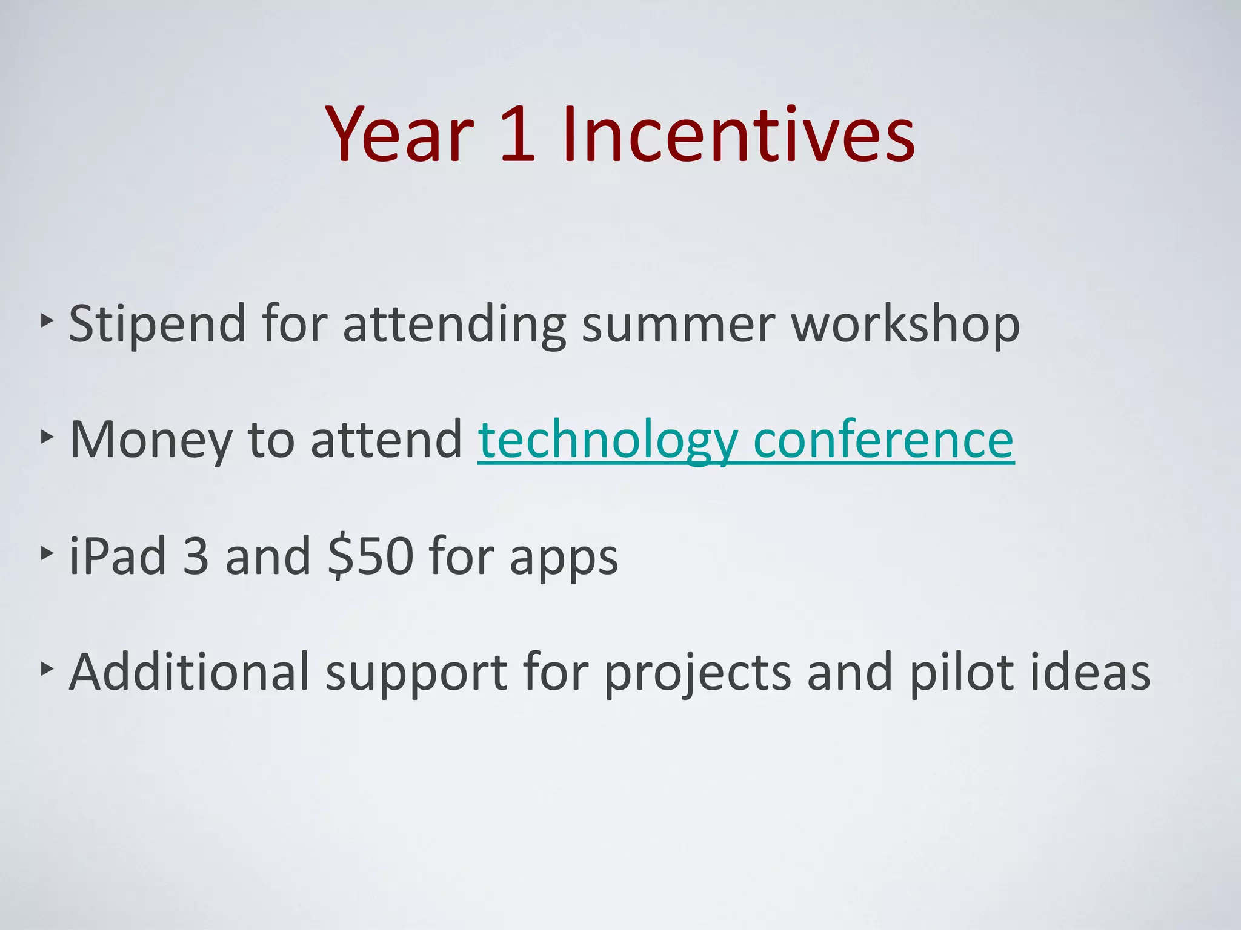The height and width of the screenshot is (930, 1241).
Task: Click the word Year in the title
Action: pyautogui.click(x=400, y=134)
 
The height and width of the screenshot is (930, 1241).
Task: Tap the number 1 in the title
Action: pyautogui.click(x=518, y=134)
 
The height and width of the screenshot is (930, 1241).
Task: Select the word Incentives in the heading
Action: pyautogui.click(x=738, y=134)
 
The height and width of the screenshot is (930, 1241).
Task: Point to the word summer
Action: pyautogui.click(x=678, y=325)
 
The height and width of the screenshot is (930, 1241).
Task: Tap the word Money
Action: pyautogui.click(x=151, y=440)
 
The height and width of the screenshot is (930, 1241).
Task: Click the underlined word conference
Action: pyautogui.click(x=883, y=440)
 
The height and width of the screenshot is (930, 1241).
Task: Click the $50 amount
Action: pyautogui.click(x=370, y=556)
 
